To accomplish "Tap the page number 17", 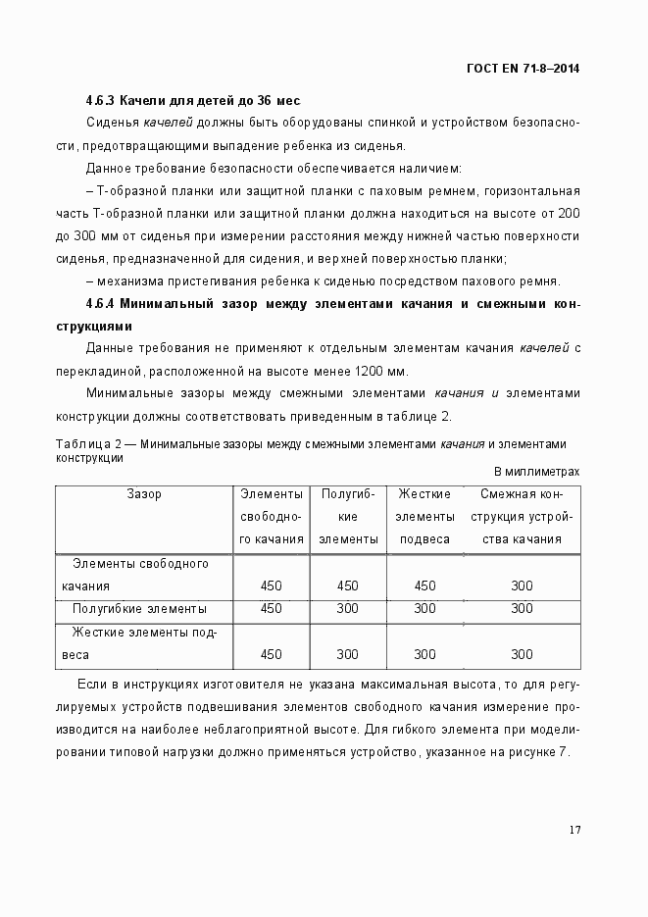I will tap(574, 830).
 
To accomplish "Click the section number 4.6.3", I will tap(101, 101).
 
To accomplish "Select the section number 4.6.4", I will tap(101, 304).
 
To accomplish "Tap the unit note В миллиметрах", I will tap(535, 472).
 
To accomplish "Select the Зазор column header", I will tap(144, 494).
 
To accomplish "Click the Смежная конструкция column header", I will tap(522, 517).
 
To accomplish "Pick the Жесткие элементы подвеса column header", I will tap(424, 517).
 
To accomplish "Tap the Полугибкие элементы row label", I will tap(139, 608).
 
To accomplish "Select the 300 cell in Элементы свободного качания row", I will tap(522, 586).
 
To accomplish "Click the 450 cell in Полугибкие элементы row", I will tap(272, 608).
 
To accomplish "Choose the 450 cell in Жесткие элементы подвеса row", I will tap(272, 654).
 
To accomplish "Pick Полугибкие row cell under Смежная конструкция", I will tap(522, 608).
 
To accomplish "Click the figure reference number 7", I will tap(563, 752).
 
